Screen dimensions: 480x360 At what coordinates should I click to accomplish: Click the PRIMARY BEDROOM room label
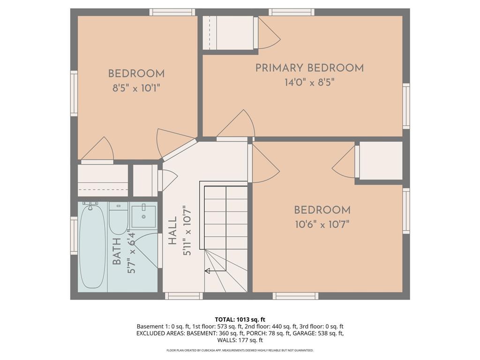[309, 68]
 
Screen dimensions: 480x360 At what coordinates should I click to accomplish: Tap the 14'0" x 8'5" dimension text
[309, 82]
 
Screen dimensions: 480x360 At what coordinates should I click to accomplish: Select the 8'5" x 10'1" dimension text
[136, 89]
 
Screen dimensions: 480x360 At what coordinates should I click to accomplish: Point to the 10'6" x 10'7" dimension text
[322, 225]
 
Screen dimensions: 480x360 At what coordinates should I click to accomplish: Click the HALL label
[173, 231]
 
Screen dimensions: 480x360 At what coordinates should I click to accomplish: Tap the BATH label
[117, 252]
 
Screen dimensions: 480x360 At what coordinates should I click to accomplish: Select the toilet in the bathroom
[118, 218]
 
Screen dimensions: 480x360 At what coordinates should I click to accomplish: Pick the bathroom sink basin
[143, 217]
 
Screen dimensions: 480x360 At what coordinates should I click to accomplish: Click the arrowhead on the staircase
[207, 270]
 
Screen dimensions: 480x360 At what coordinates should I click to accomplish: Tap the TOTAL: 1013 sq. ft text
[240, 320]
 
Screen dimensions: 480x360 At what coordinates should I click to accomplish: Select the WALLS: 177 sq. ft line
[240, 340]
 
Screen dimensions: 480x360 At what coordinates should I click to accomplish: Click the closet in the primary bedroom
[228, 32]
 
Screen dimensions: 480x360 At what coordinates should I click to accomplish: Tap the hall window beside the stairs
[184, 296]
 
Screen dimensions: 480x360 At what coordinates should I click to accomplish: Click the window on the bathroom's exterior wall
[74, 235]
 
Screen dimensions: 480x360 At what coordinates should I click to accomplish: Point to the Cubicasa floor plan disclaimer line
[240, 350]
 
